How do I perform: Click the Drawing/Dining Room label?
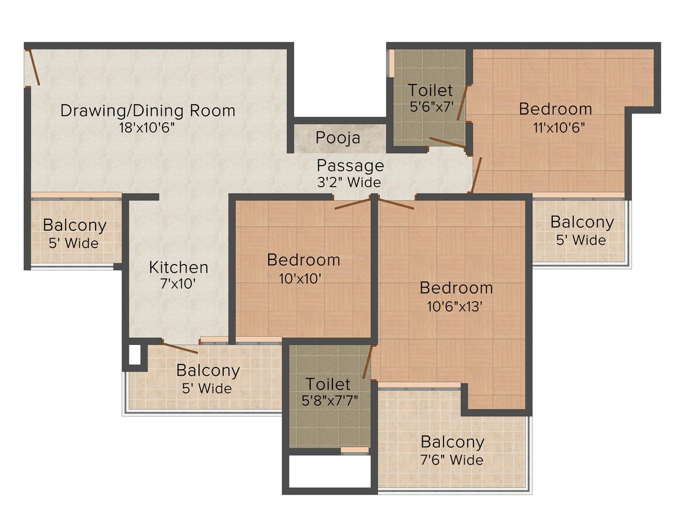pos(148,110)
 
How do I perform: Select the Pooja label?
pos(338,138)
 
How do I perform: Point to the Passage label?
pos(350,165)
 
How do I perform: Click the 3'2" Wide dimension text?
pos(349,182)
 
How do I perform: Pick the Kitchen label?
pos(178,267)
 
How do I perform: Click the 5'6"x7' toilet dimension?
pos(431,108)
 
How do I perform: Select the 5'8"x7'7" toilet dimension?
pos(330,400)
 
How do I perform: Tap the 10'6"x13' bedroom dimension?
pos(456,305)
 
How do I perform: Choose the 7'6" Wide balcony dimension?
pos(452,459)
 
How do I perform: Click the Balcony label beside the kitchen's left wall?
pos(74,225)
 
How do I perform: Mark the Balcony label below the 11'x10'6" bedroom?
pos(582,223)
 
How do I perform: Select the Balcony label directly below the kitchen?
pos(208,371)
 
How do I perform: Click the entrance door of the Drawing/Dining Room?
pos(34,67)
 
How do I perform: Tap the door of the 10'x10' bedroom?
pos(353,204)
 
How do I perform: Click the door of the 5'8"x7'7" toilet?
pos(367,362)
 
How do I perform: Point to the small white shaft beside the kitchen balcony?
pos(135,354)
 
